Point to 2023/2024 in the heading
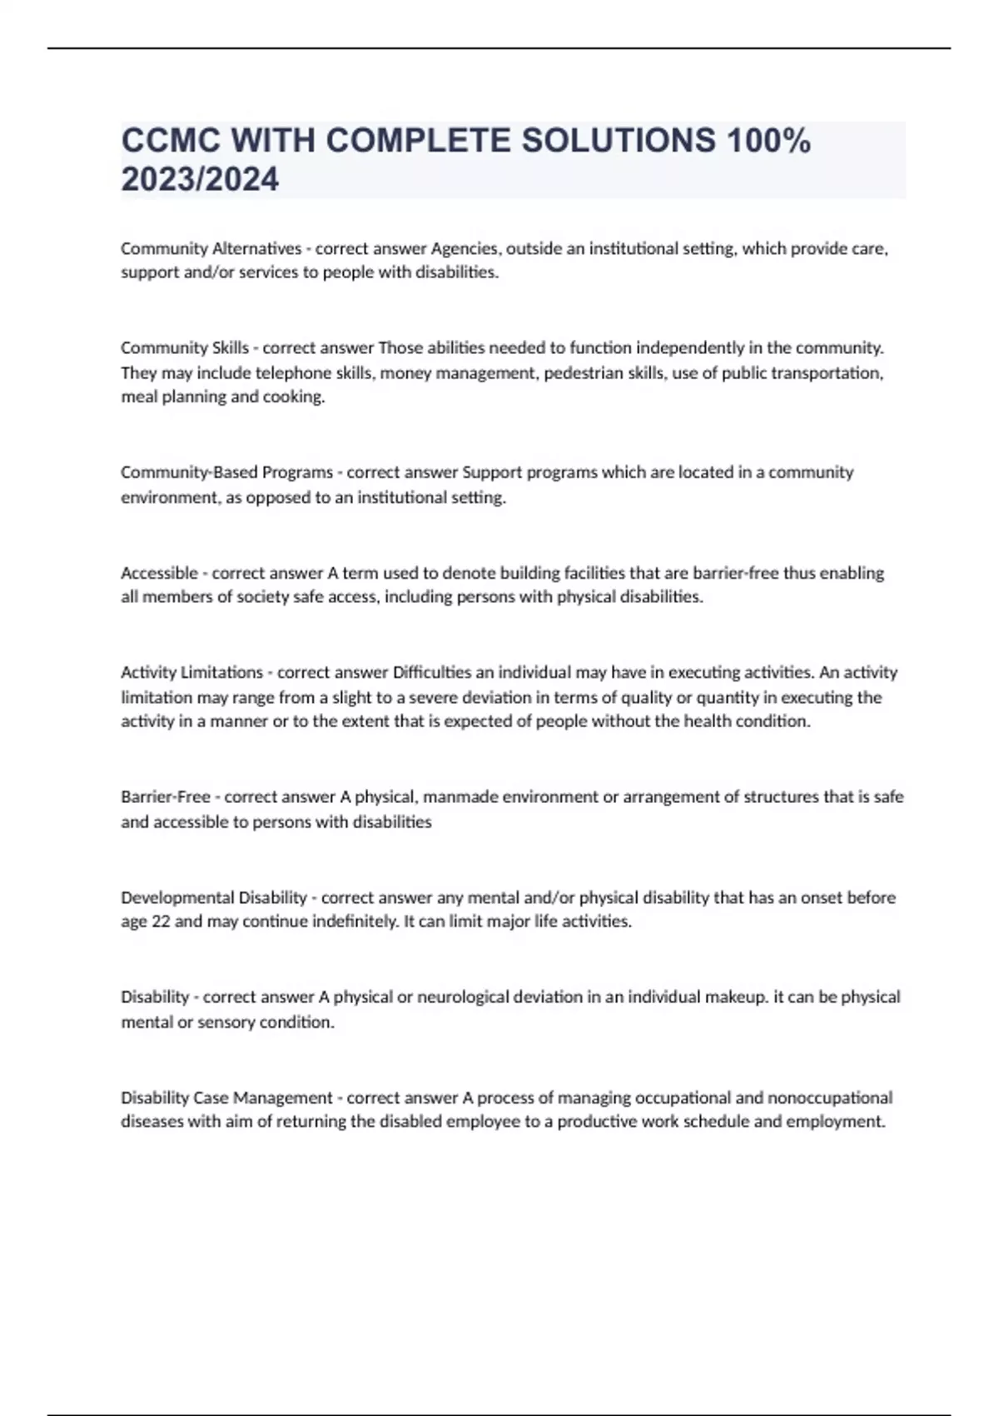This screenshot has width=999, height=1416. [200, 179]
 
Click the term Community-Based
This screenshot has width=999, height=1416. [190, 472]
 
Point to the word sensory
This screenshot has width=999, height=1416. [226, 1022]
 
